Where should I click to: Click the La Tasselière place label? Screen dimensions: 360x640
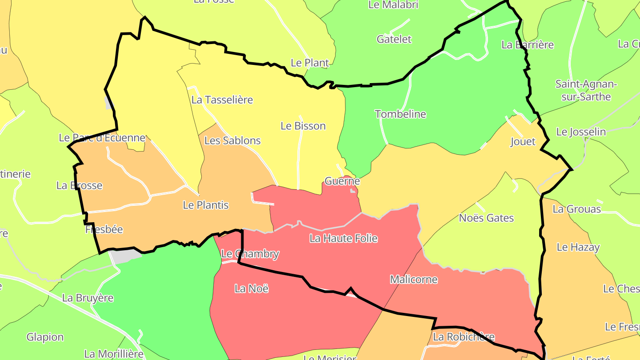(x=222, y=100)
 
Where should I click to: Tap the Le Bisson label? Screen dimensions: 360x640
(x=303, y=126)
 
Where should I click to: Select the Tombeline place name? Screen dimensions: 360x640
(x=400, y=114)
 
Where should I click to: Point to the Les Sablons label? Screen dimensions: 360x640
(x=232, y=140)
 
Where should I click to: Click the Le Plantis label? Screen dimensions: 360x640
(x=206, y=205)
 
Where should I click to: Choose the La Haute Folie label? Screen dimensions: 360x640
(x=344, y=238)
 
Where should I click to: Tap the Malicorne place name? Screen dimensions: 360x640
(x=414, y=280)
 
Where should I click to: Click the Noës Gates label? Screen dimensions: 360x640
(x=486, y=218)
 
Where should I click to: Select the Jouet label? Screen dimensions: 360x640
(x=523, y=142)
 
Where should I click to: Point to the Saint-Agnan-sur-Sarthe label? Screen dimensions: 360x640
(x=586, y=90)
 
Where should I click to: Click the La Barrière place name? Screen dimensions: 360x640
(x=528, y=44)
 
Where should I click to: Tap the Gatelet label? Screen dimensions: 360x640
(x=394, y=39)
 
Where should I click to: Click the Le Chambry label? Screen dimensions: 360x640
(x=250, y=254)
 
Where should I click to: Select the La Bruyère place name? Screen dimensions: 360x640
(x=88, y=298)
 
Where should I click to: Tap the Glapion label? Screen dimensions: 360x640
(x=45, y=337)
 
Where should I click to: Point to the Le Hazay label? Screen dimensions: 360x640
(x=578, y=247)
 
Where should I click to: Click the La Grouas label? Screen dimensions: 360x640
(x=576, y=209)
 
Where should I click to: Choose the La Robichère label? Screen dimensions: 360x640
(x=464, y=337)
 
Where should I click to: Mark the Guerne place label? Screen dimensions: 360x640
(x=342, y=181)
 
